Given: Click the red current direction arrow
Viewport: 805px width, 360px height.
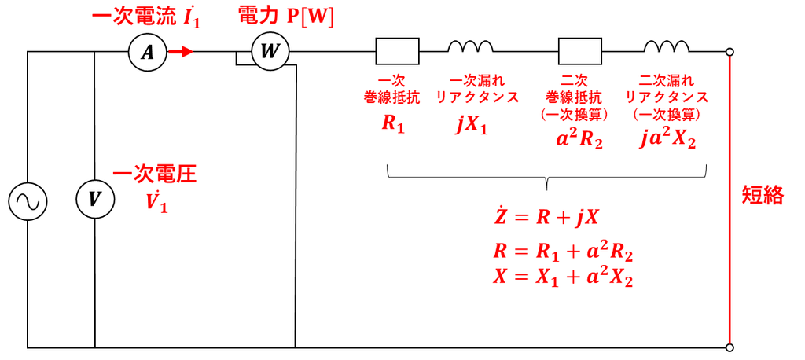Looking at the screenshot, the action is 181,52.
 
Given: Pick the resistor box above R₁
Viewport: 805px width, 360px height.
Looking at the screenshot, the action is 398,51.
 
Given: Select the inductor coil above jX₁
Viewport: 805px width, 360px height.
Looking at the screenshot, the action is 470,46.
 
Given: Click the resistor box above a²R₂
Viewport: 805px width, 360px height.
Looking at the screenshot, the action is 580,51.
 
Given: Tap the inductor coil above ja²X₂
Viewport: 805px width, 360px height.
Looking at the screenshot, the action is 667,46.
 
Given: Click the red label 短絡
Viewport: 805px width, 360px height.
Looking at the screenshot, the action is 763,196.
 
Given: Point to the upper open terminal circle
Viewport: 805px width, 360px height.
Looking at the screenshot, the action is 730,52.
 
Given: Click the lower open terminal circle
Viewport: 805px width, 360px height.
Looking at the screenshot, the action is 730,347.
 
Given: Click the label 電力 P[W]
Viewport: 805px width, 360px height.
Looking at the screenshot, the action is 286,16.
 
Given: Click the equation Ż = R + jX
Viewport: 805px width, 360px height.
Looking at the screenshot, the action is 546,219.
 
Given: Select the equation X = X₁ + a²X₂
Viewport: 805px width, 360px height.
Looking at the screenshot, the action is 563,278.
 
